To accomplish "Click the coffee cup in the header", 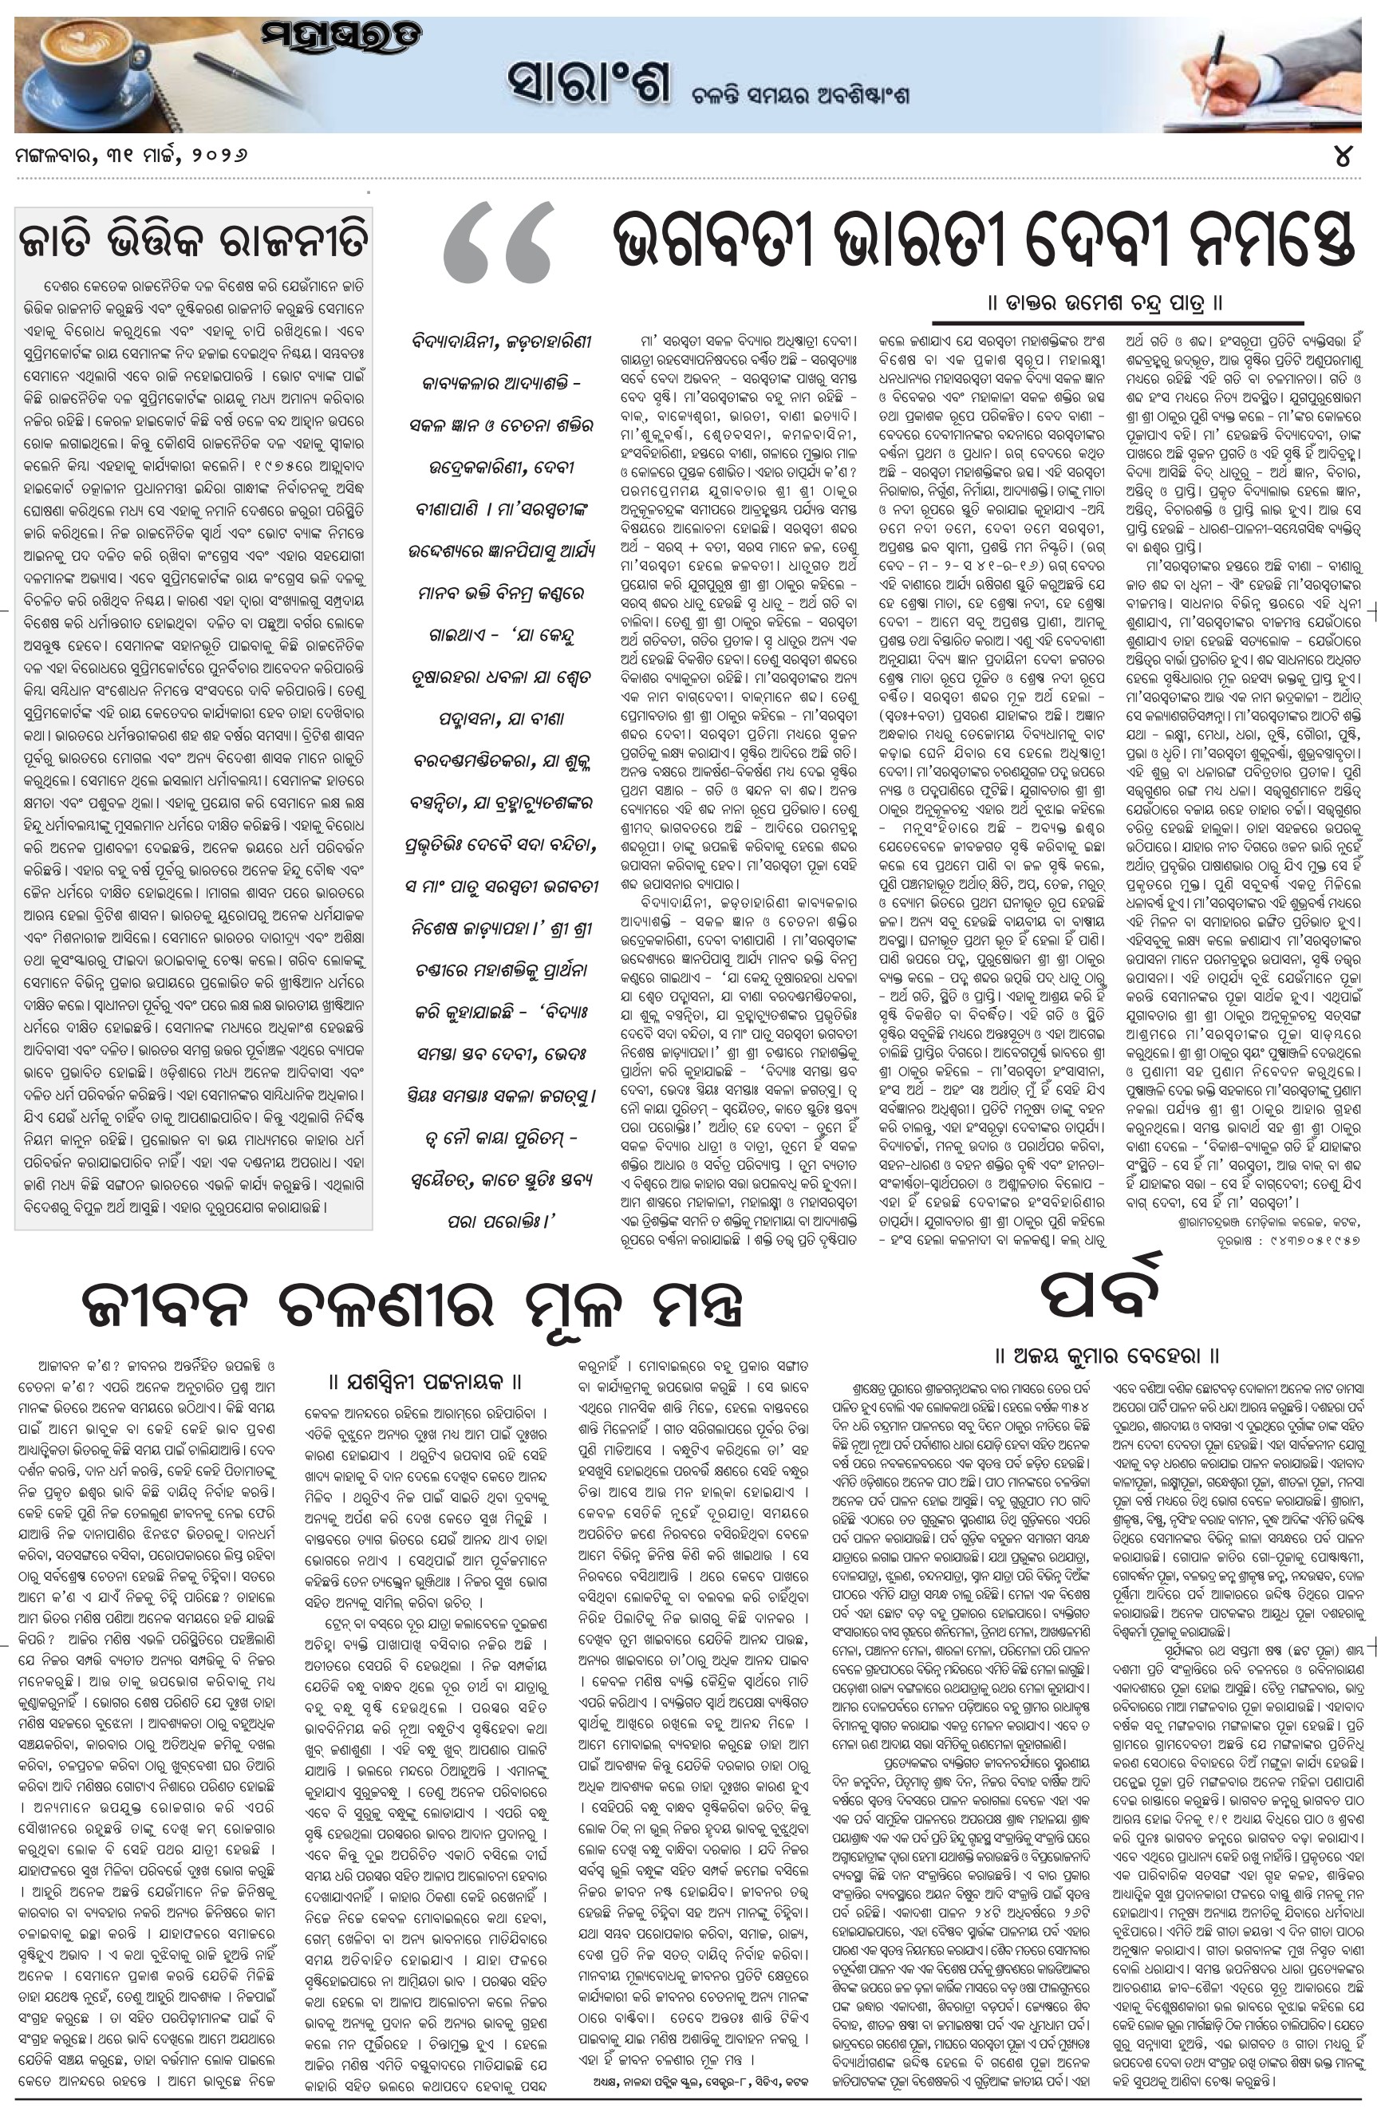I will pyautogui.click(x=71, y=71).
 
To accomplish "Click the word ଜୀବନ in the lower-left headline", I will pyautogui.click(x=169, y=1306).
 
